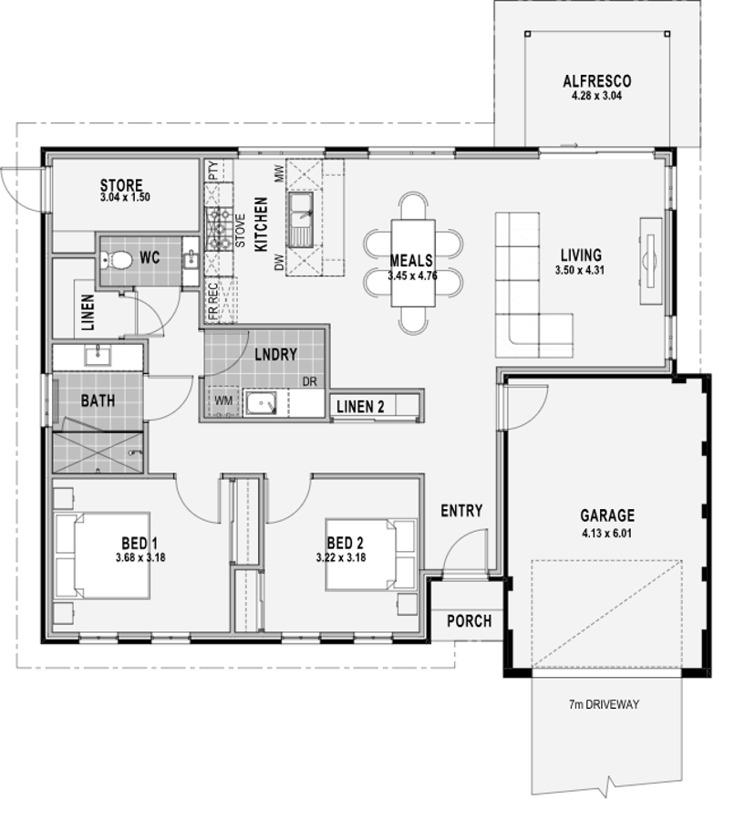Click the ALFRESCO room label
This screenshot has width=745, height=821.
(x=597, y=82)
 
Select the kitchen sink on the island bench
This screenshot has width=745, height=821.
(x=300, y=219)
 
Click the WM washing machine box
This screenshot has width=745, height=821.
(x=223, y=401)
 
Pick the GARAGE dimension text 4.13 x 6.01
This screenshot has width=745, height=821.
(x=607, y=534)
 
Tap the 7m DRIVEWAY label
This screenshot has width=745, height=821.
(x=605, y=704)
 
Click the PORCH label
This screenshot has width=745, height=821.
(x=469, y=621)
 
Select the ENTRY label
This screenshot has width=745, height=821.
(x=461, y=511)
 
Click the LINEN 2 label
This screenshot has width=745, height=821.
(x=360, y=407)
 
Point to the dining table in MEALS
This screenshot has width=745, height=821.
(x=413, y=264)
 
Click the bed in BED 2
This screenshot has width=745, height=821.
(x=371, y=555)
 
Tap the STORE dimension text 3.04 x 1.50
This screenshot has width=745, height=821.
(x=125, y=197)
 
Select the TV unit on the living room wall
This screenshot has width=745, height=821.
(x=651, y=260)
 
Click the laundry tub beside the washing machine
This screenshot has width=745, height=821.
(x=260, y=404)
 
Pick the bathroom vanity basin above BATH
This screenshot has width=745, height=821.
(x=98, y=356)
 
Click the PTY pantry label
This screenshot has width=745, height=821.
(x=213, y=171)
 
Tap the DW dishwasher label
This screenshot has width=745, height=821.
(x=279, y=263)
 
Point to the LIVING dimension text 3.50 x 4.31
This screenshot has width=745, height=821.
(x=581, y=270)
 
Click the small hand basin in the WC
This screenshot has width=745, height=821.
(x=191, y=258)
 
